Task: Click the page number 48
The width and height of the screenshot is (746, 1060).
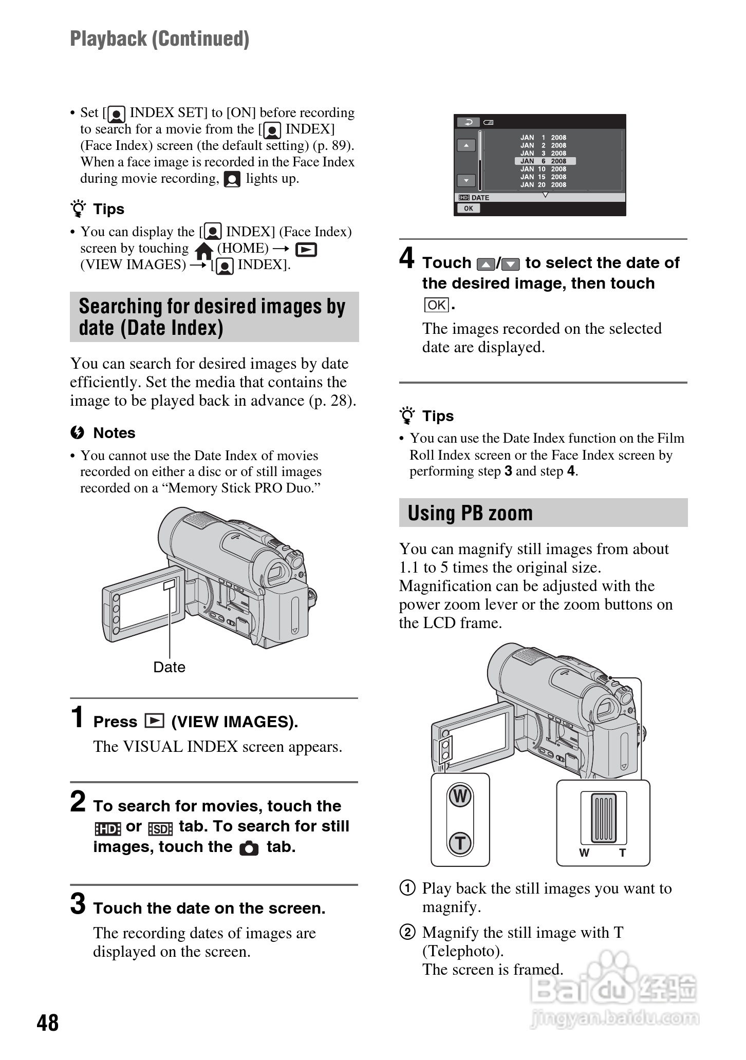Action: tap(48, 1023)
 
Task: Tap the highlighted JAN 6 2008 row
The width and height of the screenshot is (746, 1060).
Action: tap(545, 161)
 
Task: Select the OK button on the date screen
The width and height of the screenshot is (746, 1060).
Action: tap(468, 208)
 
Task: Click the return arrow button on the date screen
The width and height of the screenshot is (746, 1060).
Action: tap(468, 122)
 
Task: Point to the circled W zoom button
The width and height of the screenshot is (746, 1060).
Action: tap(460, 797)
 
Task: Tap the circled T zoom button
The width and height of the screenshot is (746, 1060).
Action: tap(460, 843)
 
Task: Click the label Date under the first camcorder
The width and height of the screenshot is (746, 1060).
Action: tap(169, 667)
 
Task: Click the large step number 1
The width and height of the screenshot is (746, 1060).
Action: tap(78, 717)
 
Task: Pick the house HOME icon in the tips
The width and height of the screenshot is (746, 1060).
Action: tap(204, 250)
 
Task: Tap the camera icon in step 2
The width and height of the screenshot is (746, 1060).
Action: tap(249, 848)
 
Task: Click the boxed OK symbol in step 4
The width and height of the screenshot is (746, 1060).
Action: tap(436, 305)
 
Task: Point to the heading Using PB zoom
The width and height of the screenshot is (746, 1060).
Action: tap(470, 513)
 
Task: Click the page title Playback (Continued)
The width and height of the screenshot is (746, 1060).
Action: tap(160, 39)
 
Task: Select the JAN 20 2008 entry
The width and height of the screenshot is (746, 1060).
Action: tap(543, 185)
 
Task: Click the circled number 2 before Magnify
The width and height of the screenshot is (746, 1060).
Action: tap(407, 932)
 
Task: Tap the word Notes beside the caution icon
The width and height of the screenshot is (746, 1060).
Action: tap(114, 433)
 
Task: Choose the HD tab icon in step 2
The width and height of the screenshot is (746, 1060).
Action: tap(107, 828)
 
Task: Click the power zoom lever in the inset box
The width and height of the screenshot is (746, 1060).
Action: tap(604, 819)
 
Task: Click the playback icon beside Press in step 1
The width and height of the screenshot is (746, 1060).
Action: tap(154, 722)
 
